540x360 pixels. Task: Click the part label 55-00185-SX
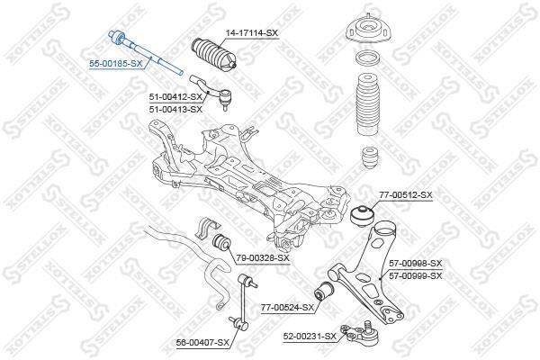(116, 64)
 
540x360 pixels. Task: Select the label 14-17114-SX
(251, 33)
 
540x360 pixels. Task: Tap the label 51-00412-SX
(175, 97)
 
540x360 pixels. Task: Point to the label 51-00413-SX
(175, 110)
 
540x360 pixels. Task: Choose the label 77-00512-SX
(406, 195)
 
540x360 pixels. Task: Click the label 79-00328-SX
(263, 257)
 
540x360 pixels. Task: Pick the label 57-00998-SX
(415, 264)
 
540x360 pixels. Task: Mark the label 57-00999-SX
(415, 276)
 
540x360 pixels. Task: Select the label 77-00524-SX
(288, 307)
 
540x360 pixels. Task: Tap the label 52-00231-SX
(310, 336)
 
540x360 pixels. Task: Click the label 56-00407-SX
(202, 342)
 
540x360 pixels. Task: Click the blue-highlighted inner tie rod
(146, 53)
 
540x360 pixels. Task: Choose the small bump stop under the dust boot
(368, 158)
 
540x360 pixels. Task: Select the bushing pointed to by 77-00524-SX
(324, 291)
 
